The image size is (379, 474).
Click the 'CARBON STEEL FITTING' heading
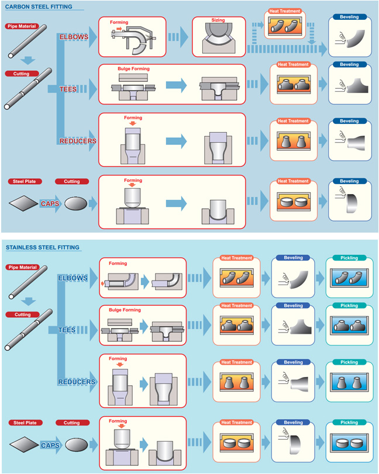coord(39,6)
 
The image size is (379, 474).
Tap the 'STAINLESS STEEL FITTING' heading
coord(43,248)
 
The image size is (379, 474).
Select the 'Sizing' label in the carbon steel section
coord(218,20)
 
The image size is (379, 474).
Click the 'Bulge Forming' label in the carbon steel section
coord(134,68)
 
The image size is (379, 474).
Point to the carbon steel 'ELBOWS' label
coord(74,37)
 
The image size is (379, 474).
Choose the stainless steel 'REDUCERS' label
coord(77,382)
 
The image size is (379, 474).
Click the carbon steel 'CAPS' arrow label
coord(50,203)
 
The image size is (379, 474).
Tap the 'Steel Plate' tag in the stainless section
coord(25,423)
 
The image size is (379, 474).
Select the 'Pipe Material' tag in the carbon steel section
coord(22,26)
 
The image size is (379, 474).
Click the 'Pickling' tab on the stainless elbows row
coord(349,258)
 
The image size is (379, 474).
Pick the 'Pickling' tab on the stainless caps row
coord(349,423)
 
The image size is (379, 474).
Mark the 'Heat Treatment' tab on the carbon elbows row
coord(285,11)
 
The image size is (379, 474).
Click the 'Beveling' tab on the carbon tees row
coord(349,64)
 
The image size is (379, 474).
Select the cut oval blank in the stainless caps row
coord(77,445)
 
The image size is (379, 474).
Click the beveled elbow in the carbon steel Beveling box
coord(356,39)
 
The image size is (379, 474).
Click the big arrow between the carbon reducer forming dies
coord(176,141)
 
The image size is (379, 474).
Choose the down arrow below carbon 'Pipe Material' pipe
coord(28,60)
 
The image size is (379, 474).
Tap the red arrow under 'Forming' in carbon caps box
coord(132,185)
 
